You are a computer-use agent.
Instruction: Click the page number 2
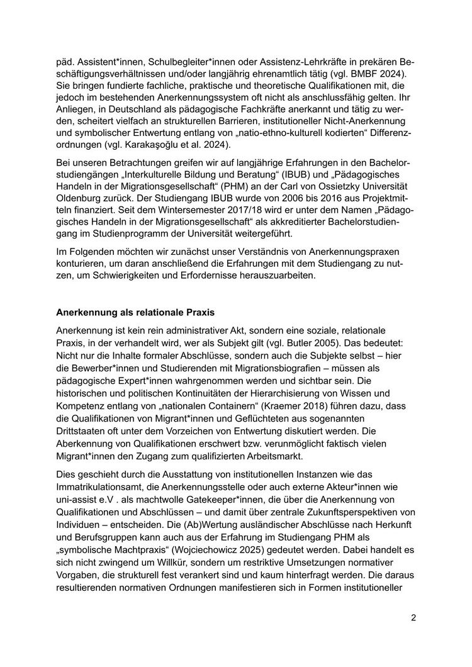[413, 617]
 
